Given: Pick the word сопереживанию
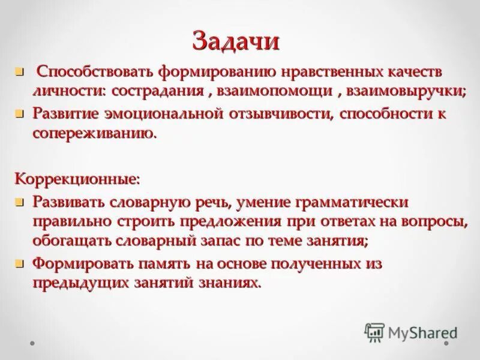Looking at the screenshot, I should coord(94,133).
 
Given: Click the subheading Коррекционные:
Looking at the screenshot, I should coord(78,178).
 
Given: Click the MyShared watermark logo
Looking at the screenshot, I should coord(412,332).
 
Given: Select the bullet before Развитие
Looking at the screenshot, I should coord(19,113).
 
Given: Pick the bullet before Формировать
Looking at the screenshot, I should coord(19,263).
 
